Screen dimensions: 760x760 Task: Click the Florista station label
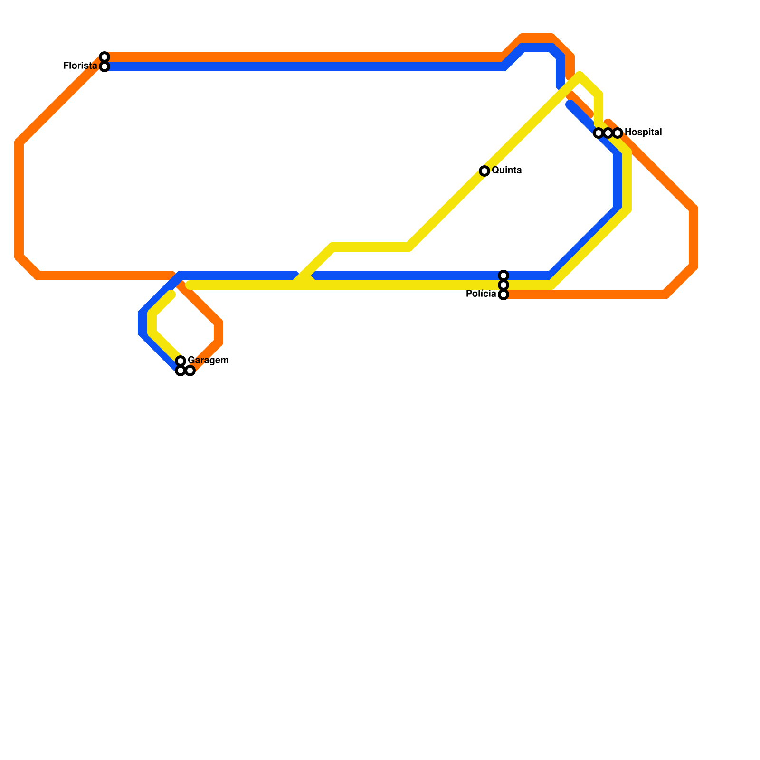[x=80, y=66]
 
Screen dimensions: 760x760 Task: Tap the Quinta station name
[x=506, y=171]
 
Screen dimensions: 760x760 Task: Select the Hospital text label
[x=643, y=133]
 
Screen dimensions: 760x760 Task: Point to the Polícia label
[x=481, y=294]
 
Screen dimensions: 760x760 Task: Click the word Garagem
[x=208, y=361]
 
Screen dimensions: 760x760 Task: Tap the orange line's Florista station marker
[x=104, y=57]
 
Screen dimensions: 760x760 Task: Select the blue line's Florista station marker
[x=104, y=66]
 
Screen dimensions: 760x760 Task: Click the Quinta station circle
[x=484, y=171]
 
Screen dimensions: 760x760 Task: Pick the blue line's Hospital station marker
[x=598, y=133]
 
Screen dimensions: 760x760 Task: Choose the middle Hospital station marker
[x=608, y=133]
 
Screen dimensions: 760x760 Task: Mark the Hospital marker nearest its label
[x=617, y=133]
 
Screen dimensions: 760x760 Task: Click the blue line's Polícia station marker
[x=503, y=275]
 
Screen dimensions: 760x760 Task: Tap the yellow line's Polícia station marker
[x=503, y=285]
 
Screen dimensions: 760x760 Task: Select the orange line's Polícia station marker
[x=503, y=294]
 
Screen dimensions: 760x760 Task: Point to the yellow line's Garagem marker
[x=180, y=361]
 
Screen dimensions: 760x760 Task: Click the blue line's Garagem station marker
[x=180, y=370]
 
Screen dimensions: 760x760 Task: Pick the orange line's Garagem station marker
[x=190, y=370]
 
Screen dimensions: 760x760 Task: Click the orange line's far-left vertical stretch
[x=19, y=199]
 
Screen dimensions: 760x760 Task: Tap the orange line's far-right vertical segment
[x=693, y=237]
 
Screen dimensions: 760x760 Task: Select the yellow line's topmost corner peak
[x=580, y=76]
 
